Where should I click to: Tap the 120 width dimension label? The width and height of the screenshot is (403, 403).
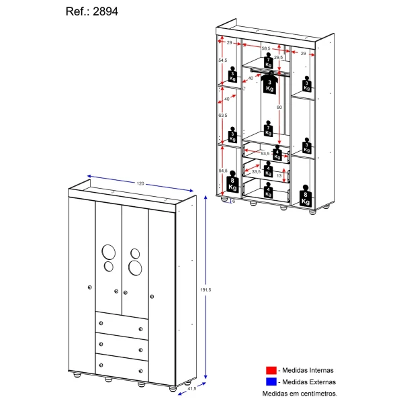coord(141,183)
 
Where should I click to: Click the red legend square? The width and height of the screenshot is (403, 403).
coord(271,370)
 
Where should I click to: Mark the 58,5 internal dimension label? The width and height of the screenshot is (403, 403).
coord(266,48)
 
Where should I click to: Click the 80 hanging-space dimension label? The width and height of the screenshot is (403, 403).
coord(279,107)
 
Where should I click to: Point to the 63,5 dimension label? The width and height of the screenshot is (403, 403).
coord(222,116)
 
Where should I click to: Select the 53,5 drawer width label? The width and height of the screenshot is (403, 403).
coord(265,154)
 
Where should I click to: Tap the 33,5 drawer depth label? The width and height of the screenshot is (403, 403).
coord(256,171)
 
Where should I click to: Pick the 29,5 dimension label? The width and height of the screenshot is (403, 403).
coord(277,58)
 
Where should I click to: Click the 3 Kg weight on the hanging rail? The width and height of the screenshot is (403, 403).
coord(270,84)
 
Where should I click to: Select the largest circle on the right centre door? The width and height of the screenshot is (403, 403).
coord(134,267)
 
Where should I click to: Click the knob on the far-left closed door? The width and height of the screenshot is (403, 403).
coord(89,287)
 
